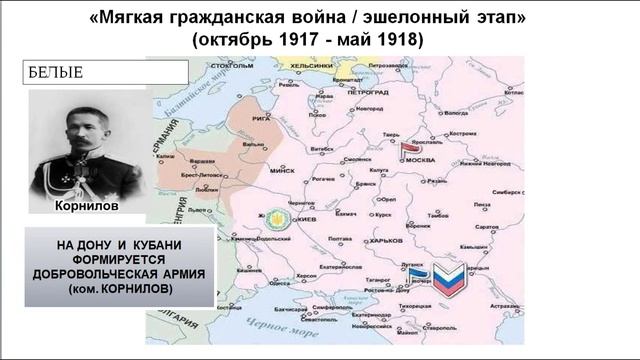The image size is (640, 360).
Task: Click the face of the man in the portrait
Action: (x=83, y=131)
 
